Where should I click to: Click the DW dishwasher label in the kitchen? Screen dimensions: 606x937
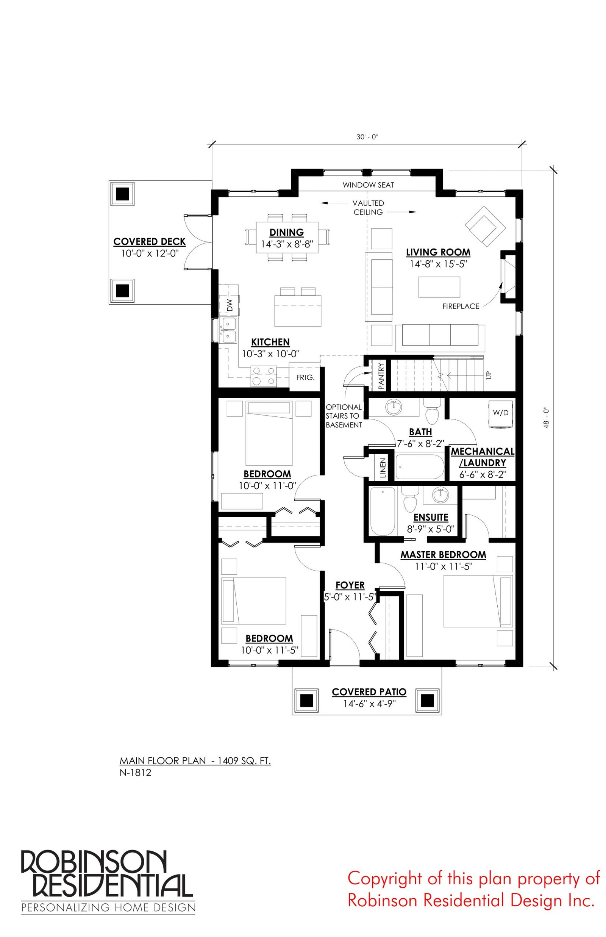point(230,305)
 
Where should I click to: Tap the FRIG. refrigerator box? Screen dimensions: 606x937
point(305,377)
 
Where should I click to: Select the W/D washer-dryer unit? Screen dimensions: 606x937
point(501,414)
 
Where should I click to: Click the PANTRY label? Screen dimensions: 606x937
point(381,376)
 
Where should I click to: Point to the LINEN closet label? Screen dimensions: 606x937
point(383,468)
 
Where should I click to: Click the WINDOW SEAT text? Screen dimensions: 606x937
point(368,185)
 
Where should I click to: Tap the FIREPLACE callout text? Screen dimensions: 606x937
point(461,306)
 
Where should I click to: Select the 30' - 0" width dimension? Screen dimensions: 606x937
point(367,137)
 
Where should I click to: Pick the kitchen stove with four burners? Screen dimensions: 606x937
point(263,376)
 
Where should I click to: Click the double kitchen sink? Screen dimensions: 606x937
point(229,330)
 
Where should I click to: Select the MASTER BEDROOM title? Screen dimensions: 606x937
point(444,555)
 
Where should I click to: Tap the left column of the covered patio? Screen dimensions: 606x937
point(306,700)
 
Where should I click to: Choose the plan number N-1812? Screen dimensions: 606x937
point(135,773)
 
